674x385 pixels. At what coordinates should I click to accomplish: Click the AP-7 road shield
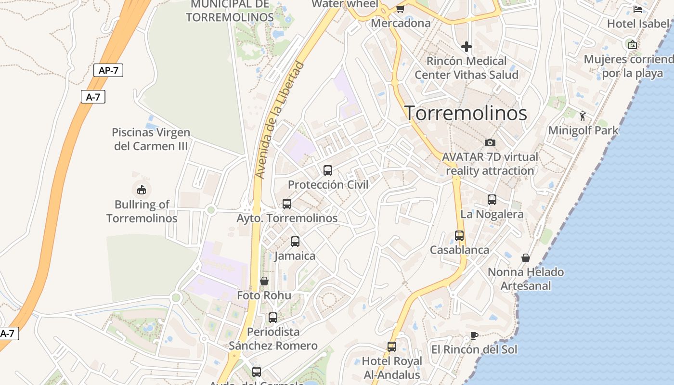108,70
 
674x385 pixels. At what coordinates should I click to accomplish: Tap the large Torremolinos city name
466,113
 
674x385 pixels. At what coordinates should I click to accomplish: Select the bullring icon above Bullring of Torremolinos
142,189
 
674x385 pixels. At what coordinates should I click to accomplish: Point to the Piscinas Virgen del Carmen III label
151,139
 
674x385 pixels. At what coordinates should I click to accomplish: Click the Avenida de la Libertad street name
280,120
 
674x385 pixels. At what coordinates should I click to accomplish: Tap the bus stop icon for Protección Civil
328,170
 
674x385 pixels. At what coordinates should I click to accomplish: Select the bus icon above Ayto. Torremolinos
287,204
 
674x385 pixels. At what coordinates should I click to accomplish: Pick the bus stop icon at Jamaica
295,241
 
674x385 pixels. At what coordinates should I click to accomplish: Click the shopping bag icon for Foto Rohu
264,281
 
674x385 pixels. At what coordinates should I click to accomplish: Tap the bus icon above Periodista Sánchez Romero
273,317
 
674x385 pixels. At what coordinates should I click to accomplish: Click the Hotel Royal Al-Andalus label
391,368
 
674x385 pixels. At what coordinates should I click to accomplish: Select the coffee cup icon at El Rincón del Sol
474,335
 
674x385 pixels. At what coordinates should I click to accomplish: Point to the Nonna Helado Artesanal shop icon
526,258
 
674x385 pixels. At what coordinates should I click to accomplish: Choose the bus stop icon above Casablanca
459,235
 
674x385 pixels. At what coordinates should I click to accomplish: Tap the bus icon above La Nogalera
492,199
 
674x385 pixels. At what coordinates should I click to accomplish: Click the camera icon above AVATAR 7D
490,142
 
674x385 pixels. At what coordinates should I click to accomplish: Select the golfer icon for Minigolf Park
583,115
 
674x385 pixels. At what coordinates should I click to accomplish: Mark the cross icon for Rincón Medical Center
466,47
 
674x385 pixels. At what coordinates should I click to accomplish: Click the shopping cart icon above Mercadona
400,8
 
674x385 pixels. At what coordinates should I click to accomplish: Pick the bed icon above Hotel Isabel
638,9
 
